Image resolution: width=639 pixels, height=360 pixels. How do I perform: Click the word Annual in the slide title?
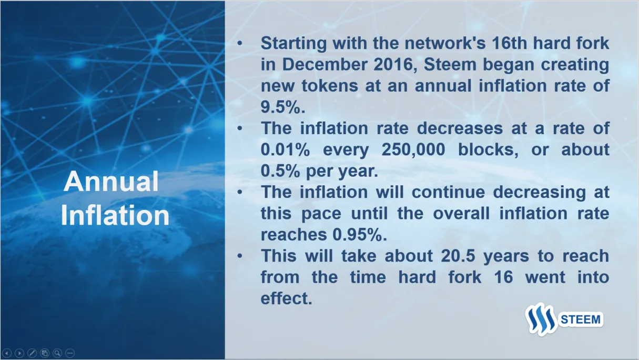click(x=111, y=182)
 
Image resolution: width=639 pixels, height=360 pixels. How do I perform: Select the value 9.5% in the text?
click(x=283, y=107)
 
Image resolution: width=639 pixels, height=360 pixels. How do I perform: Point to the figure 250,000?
click(x=413, y=149)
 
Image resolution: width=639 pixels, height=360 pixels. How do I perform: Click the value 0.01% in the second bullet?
click(x=285, y=149)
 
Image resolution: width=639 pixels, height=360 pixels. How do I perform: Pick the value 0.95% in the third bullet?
click(x=359, y=235)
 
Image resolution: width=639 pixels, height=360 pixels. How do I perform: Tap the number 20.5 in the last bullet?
click(x=458, y=255)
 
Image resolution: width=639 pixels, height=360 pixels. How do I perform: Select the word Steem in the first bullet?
click(x=450, y=64)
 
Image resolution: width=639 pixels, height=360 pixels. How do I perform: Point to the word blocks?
click(x=488, y=149)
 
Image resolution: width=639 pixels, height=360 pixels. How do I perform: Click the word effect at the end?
click(x=286, y=298)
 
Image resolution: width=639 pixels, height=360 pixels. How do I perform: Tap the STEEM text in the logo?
click(x=581, y=319)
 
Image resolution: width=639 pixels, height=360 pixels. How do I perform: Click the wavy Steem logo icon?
click(x=541, y=319)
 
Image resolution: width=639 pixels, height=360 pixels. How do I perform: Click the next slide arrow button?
click(x=19, y=353)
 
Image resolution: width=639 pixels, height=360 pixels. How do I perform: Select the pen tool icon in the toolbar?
click(x=32, y=353)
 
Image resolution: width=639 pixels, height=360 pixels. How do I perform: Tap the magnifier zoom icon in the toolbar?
click(x=57, y=353)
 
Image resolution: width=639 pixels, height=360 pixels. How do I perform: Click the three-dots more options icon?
click(x=70, y=353)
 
